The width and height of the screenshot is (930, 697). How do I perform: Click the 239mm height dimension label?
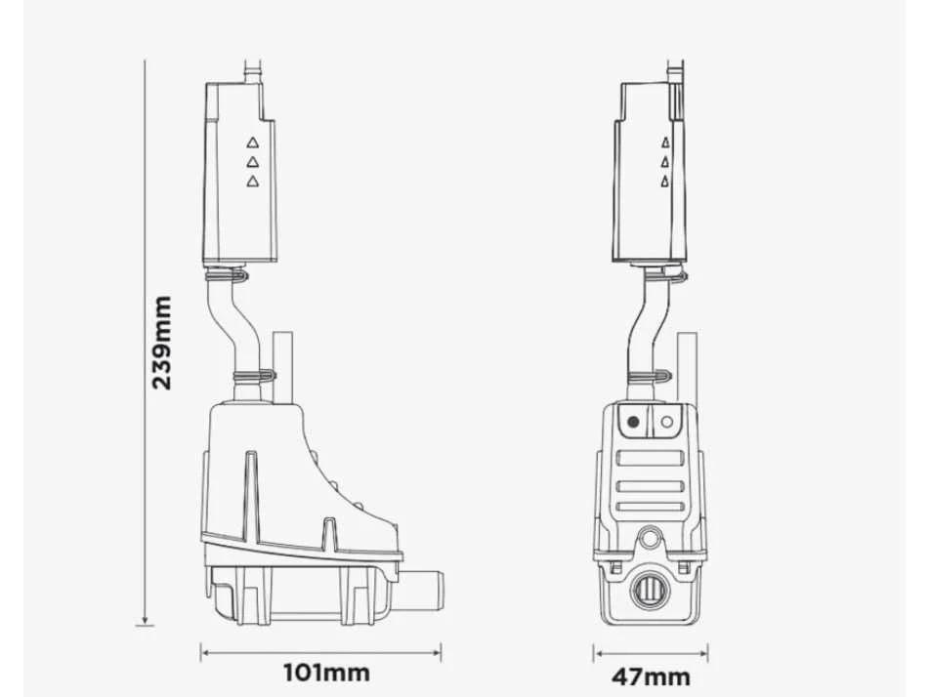(x=162, y=343)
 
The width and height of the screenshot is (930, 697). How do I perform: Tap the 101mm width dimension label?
(x=326, y=673)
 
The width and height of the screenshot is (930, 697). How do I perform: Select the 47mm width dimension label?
(x=651, y=676)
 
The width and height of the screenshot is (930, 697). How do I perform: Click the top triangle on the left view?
(x=253, y=143)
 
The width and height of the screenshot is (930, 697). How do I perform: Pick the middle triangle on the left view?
(x=253, y=162)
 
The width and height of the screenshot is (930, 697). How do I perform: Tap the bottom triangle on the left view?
(x=253, y=182)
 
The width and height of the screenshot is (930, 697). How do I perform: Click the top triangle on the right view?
(x=665, y=143)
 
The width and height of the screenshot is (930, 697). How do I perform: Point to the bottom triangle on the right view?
(x=665, y=182)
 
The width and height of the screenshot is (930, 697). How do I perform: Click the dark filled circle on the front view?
(x=633, y=422)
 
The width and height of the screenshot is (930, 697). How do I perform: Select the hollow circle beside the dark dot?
(x=666, y=422)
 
